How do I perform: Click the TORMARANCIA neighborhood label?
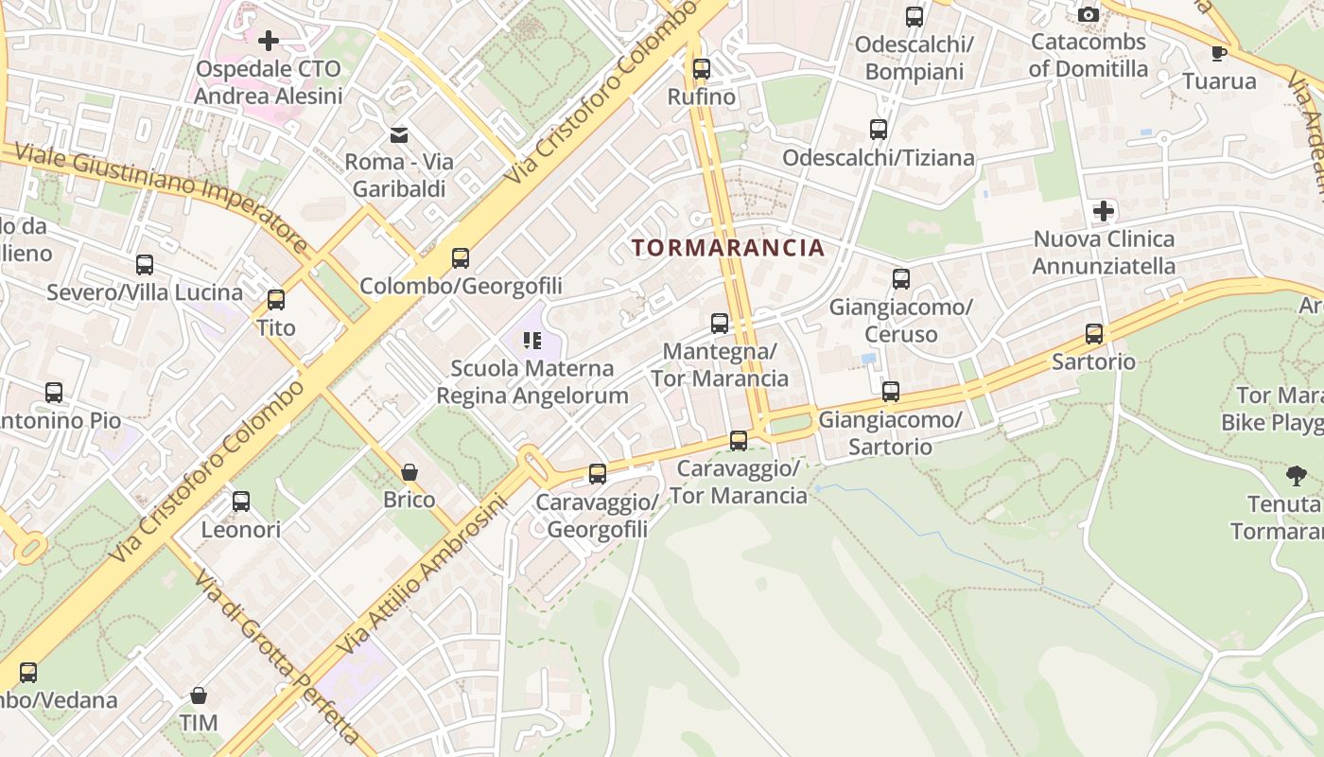tap(728, 248)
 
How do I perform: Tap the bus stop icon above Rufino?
tap(701, 68)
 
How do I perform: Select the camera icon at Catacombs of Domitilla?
tap(1089, 14)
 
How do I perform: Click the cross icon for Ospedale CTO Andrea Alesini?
tap(269, 40)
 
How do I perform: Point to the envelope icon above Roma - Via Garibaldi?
tap(399, 134)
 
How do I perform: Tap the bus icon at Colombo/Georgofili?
tap(461, 257)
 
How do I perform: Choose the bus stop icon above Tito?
tap(276, 300)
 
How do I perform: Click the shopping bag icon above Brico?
tap(409, 471)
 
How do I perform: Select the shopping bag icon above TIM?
tap(199, 695)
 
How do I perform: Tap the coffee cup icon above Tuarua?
tap(1219, 52)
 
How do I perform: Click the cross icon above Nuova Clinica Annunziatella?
tap(1104, 211)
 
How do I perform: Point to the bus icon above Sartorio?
tap(1094, 333)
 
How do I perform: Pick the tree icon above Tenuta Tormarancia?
tap(1297, 475)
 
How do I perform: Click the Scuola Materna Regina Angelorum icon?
tap(532, 340)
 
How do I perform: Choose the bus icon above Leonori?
tap(241, 501)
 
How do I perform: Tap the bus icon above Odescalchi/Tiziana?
tap(879, 130)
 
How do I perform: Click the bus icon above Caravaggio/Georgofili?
tap(598, 473)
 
